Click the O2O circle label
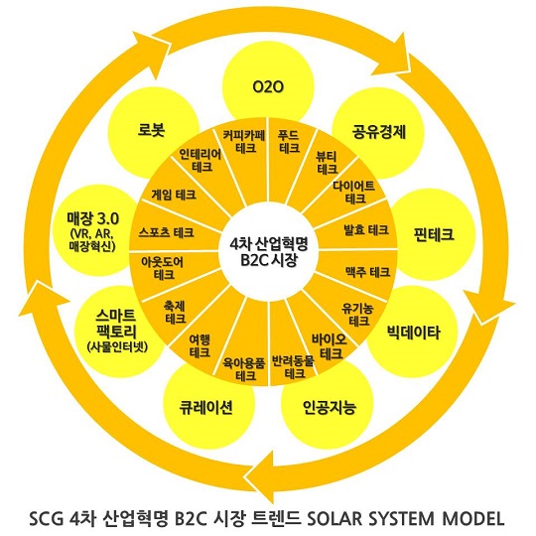pyautogui.click(x=268, y=86)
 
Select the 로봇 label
pyautogui.click(x=152, y=130)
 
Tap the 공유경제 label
pyautogui.click(x=379, y=132)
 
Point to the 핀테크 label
pyautogui.click(x=434, y=234)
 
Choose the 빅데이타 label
pyautogui.click(x=414, y=333)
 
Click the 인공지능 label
pyautogui.click(x=330, y=407)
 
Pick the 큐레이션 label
pyautogui.click(x=206, y=407)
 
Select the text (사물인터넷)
pyautogui.click(x=117, y=346)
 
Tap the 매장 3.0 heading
pyautogui.click(x=92, y=218)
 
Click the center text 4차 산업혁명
pyautogui.click(x=269, y=244)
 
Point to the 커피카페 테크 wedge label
pyautogui.click(x=244, y=142)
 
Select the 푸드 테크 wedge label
pyautogui.click(x=289, y=142)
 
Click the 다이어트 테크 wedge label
pyautogui.click(x=354, y=193)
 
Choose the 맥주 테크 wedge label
pyautogui.click(x=368, y=272)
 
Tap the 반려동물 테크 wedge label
pyautogui.click(x=293, y=367)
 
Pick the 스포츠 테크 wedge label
pyautogui.click(x=166, y=233)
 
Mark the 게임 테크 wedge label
pyautogui.click(x=174, y=195)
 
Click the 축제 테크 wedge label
pyautogui.click(x=175, y=312)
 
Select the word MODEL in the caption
pyautogui.click(x=473, y=518)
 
